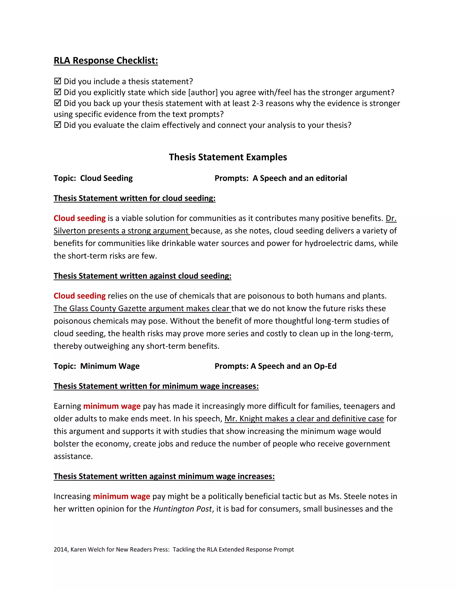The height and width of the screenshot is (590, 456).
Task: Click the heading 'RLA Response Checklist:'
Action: coord(106,61)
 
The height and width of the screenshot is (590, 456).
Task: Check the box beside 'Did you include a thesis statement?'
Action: coord(57,81)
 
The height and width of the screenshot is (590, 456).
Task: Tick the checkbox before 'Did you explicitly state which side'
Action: coord(57,92)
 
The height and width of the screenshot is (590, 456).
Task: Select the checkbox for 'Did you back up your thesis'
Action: coord(57,103)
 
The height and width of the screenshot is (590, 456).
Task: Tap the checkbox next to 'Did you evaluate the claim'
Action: coord(57,125)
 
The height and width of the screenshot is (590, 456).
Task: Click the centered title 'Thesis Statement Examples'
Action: coord(228,157)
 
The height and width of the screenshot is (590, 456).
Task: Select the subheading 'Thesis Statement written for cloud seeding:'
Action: coord(134,198)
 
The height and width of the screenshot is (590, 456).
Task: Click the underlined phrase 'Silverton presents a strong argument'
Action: coord(122,231)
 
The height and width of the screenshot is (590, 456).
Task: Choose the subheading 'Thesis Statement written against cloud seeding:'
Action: coord(142,276)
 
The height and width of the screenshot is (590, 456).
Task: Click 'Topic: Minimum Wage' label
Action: coord(96,366)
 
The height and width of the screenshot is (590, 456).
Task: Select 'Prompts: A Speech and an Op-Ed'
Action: coord(275,366)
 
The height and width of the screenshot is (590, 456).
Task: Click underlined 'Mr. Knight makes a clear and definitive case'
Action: coord(304,419)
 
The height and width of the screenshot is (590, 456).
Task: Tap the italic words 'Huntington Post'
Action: coord(182,509)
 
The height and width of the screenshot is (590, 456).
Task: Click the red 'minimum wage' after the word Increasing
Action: coord(121,496)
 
